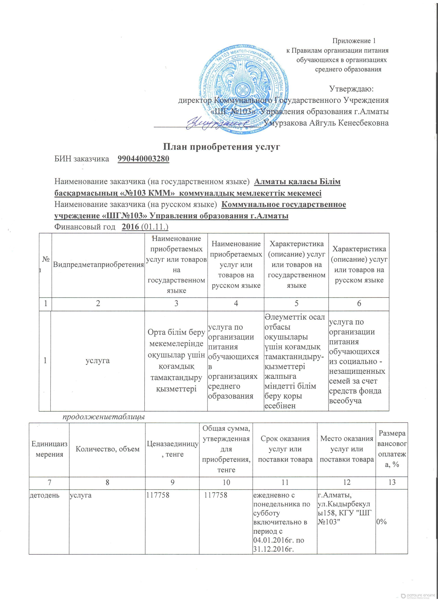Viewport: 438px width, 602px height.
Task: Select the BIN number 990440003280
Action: [143, 159]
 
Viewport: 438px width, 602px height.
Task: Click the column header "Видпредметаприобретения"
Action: [98, 265]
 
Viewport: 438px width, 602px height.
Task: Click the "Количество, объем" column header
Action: [107, 449]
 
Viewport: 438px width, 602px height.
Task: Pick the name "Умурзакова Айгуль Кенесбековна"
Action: [327, 123]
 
